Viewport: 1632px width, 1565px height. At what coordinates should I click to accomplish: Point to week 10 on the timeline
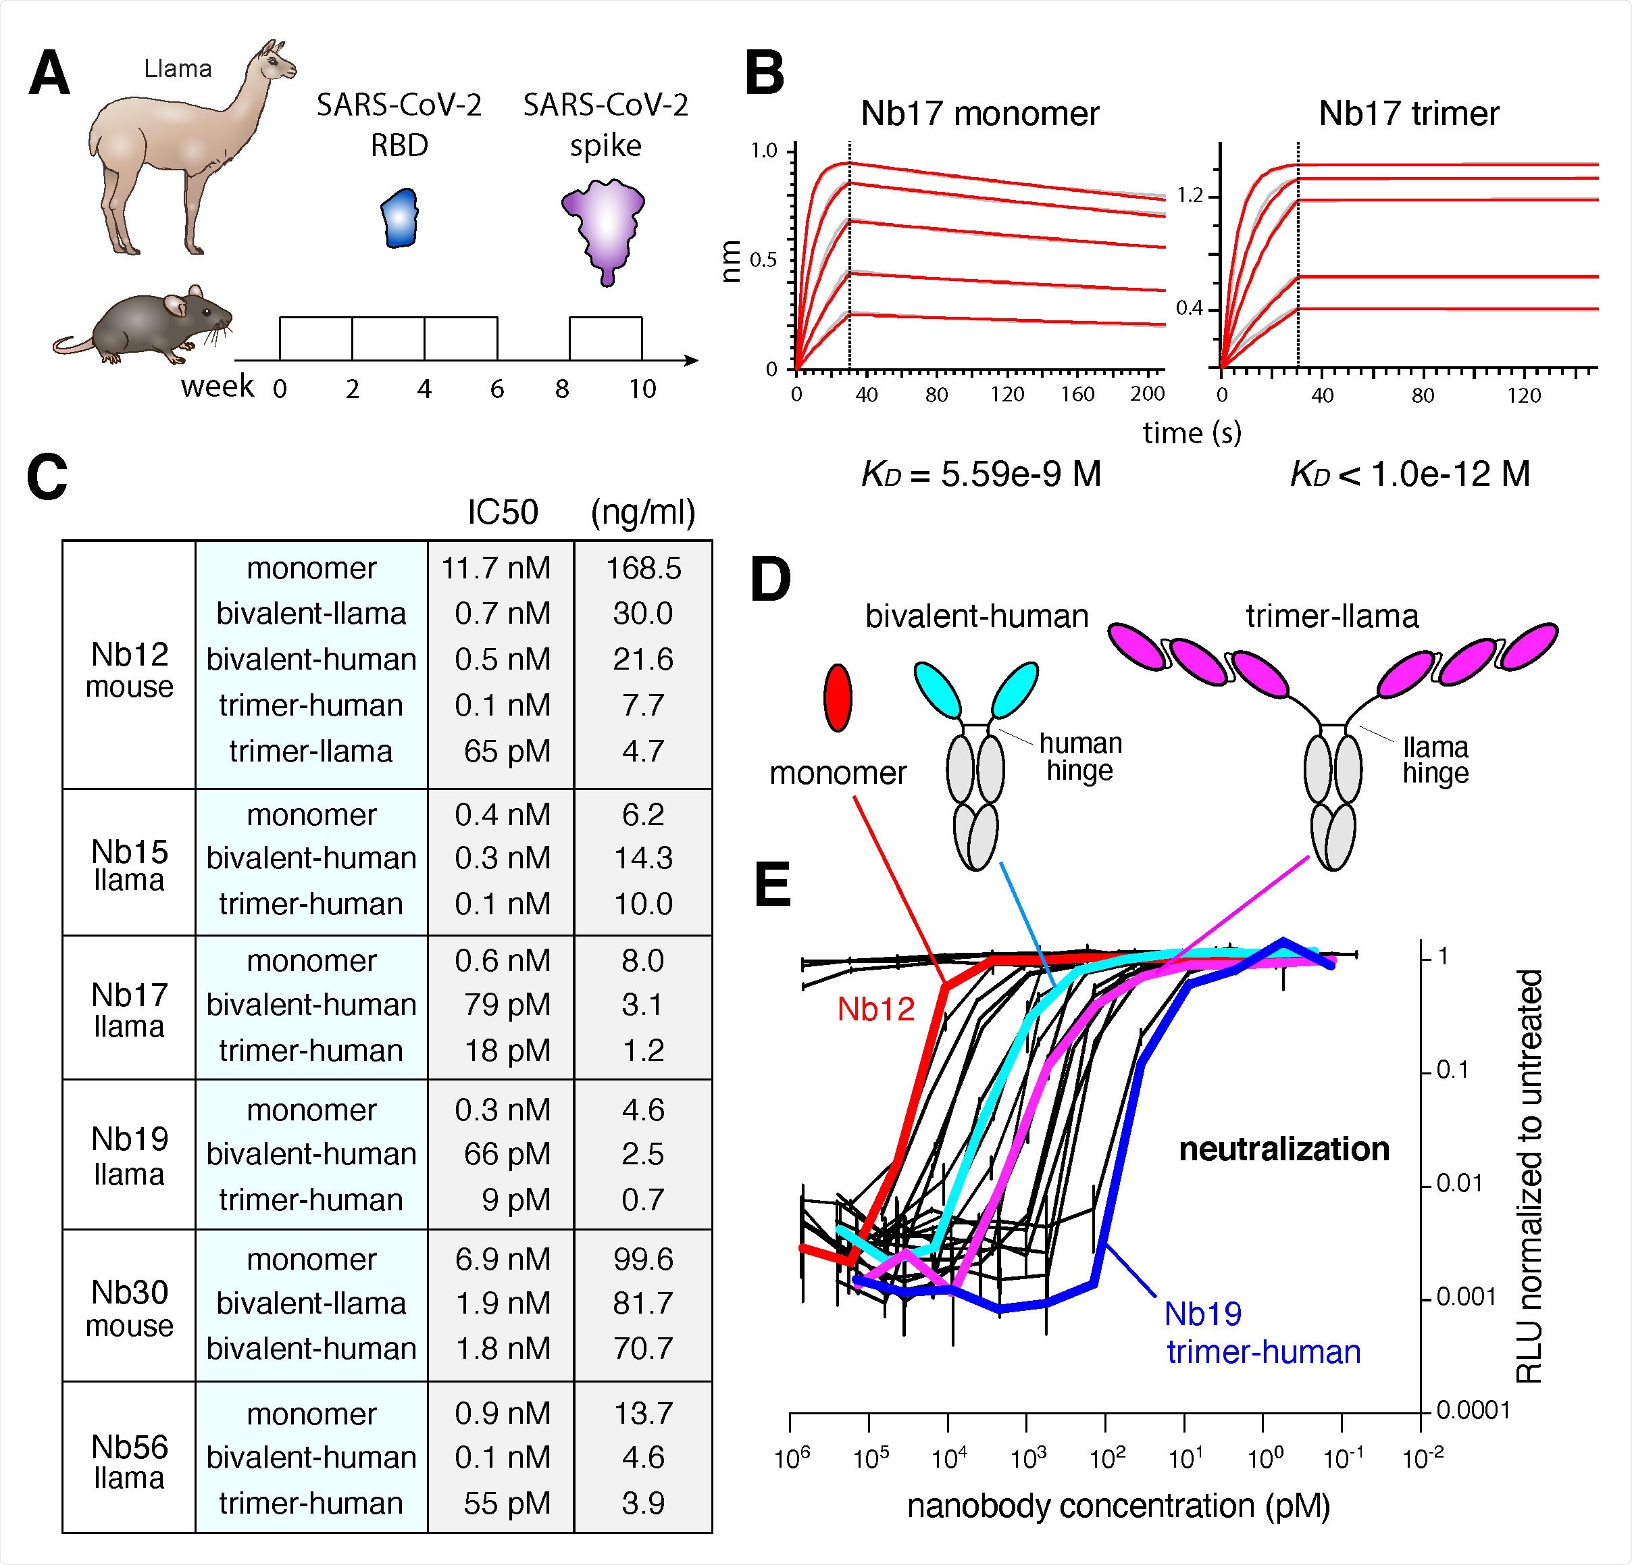point(642,389)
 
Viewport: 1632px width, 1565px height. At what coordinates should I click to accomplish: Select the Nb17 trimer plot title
point(1409,114)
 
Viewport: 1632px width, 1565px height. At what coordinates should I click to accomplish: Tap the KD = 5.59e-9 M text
point(981,474)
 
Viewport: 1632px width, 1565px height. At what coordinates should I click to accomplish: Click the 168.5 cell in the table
point(643,568)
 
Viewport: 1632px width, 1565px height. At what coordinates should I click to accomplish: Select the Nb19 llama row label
point(130,1156)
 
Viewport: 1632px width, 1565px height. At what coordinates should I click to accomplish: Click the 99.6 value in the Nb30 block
point(643,1260)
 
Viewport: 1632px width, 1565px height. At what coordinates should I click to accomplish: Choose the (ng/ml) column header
point(643,512)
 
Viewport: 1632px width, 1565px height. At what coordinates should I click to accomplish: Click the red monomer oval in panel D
point(837,698)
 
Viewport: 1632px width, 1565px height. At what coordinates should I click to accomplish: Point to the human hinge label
point(1080,756)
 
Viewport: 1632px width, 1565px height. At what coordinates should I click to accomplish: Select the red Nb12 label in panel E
point(876,1010)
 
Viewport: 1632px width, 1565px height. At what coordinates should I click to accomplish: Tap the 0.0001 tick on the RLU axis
point(1472,1410)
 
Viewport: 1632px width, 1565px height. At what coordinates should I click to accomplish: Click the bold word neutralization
point(1284,1149)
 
